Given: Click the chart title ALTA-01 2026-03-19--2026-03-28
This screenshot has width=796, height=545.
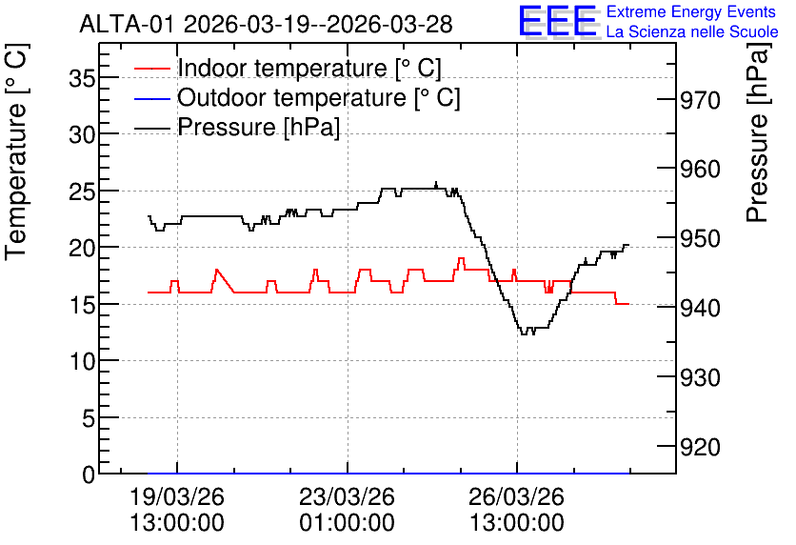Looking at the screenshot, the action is point(266,24).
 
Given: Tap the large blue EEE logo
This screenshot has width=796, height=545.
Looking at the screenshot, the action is point(557,21).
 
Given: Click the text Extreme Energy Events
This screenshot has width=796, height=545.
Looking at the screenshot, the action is point(691,11).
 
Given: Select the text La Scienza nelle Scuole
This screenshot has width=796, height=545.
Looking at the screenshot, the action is point(692,32).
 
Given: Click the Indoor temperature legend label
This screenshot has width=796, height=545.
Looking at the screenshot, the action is point(309,68).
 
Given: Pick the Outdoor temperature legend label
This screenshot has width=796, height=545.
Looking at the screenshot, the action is point(319,97).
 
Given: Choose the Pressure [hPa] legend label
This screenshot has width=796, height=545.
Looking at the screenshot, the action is point(258,127).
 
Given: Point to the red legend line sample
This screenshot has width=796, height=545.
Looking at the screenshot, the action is point(151,69).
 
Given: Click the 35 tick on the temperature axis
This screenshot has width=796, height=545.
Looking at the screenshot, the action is point(82,79).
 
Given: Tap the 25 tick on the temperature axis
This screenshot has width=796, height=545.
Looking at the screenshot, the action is point(82,192).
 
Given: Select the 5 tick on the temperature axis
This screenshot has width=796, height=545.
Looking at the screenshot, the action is point(89,418).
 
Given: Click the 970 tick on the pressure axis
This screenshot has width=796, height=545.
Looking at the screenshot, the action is point(700,101).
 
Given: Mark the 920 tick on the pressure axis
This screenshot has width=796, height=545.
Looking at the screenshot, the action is point(700,448).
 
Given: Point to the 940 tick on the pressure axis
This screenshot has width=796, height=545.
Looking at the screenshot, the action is point(700,309).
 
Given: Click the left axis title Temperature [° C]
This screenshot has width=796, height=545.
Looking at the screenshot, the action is point(16,152).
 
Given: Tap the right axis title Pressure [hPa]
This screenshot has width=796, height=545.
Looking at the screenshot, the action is point(758,133).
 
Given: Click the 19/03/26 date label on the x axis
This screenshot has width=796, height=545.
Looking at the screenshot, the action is point(177,496).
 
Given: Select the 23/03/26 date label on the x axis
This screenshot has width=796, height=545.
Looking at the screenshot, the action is point(347,496).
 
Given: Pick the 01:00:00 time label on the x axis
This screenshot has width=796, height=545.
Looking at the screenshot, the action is point(347,523).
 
